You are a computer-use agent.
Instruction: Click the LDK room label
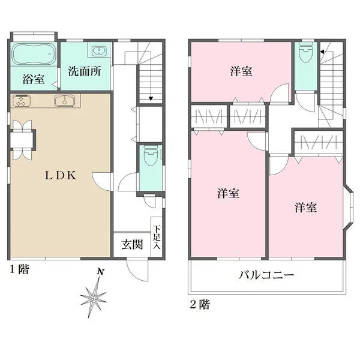pos(61,175)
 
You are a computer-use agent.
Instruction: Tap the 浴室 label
pos(34,79)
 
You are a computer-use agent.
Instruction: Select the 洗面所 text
pos(85,71)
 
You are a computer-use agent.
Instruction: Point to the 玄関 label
pos(132,245)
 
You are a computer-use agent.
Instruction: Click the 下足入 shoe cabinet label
pos(157,237)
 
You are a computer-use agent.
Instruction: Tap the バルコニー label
pos(266,275)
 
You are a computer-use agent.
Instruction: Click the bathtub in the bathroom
pos(34,54)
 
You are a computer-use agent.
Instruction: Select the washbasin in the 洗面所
pos(99,51)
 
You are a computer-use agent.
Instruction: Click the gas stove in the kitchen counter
pos(22,101)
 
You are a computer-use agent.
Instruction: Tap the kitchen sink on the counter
pos(65,101)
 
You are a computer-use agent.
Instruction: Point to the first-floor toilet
pos(151,155)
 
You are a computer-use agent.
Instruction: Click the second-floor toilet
pos(306,53)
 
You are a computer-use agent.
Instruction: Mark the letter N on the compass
pos(101,272)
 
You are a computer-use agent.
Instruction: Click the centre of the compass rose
pos(94,298)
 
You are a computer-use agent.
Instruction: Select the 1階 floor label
pos(20,269)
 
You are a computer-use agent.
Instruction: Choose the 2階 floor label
pos(200,305)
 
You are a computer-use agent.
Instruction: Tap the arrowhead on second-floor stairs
pos(322,52)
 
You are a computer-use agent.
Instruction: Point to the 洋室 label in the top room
pos(241,71)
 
